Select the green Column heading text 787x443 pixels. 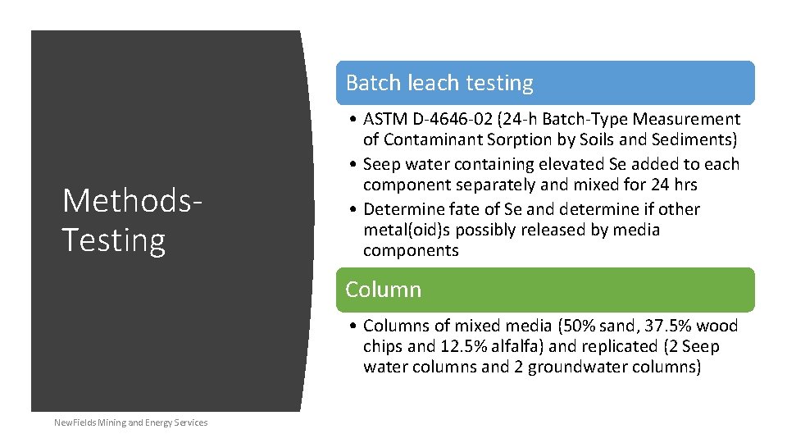383,290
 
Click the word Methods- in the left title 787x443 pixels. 131,200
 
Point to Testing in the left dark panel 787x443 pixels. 114,240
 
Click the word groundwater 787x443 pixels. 579,367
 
